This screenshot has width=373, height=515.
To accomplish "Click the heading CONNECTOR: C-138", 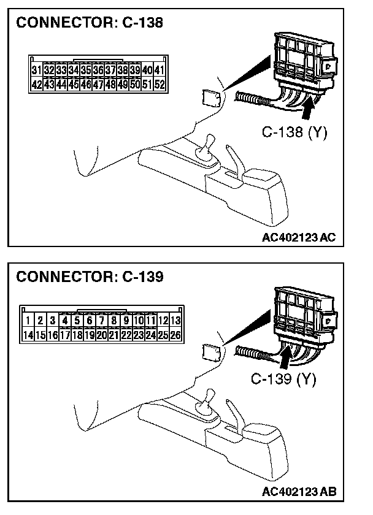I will pos(90,24).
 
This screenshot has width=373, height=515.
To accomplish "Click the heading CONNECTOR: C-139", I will pos(90,277).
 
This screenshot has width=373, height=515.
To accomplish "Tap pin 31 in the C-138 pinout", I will pos(36,71).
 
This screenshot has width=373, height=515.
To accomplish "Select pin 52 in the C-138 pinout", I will pos(160,84).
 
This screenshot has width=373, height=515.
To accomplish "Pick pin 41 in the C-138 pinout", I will pos(160,71).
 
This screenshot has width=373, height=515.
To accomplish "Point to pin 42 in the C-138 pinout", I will pos(36,84).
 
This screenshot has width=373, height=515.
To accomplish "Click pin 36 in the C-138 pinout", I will pos(98,71).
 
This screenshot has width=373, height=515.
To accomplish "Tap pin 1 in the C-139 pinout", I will pos(28,320).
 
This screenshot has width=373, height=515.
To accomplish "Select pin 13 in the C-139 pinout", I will pos(175,320).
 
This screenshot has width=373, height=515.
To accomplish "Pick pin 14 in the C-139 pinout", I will pos(28,335).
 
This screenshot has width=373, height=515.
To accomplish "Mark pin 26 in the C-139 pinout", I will pos(175,335).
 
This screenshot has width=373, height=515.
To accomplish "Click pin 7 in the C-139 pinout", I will pos(101,320).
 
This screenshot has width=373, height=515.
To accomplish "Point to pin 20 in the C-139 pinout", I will pos(101,335).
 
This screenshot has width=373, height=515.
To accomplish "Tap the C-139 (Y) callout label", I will pos(283,379).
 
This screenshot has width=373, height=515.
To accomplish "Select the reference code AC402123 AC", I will pos(298,238).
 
